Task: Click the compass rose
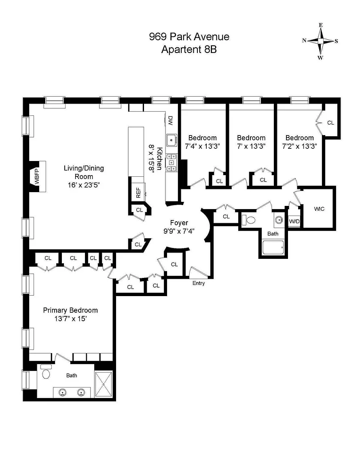tap(320, 41)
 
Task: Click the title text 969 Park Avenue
tap(189, 36)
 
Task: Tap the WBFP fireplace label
tap(37, 176)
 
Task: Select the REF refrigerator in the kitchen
tap(138, 192)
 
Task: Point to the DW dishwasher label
tap(170, 120)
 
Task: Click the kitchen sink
tap(172, 140)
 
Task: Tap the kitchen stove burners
tap(171, 163)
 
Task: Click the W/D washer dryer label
tap(294, 222)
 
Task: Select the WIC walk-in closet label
tap(319, 209)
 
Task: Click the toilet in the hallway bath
tap(249, 220)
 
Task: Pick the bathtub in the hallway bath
tap(273, 247)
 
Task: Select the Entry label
tap(199, 283)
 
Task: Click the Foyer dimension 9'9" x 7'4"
tap(179, 231)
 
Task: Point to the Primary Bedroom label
tap(70, 310)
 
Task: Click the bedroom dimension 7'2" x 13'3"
tap(299, 146)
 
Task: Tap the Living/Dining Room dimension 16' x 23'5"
tap(84, 185)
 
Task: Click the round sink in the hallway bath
tap(279, 220)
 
